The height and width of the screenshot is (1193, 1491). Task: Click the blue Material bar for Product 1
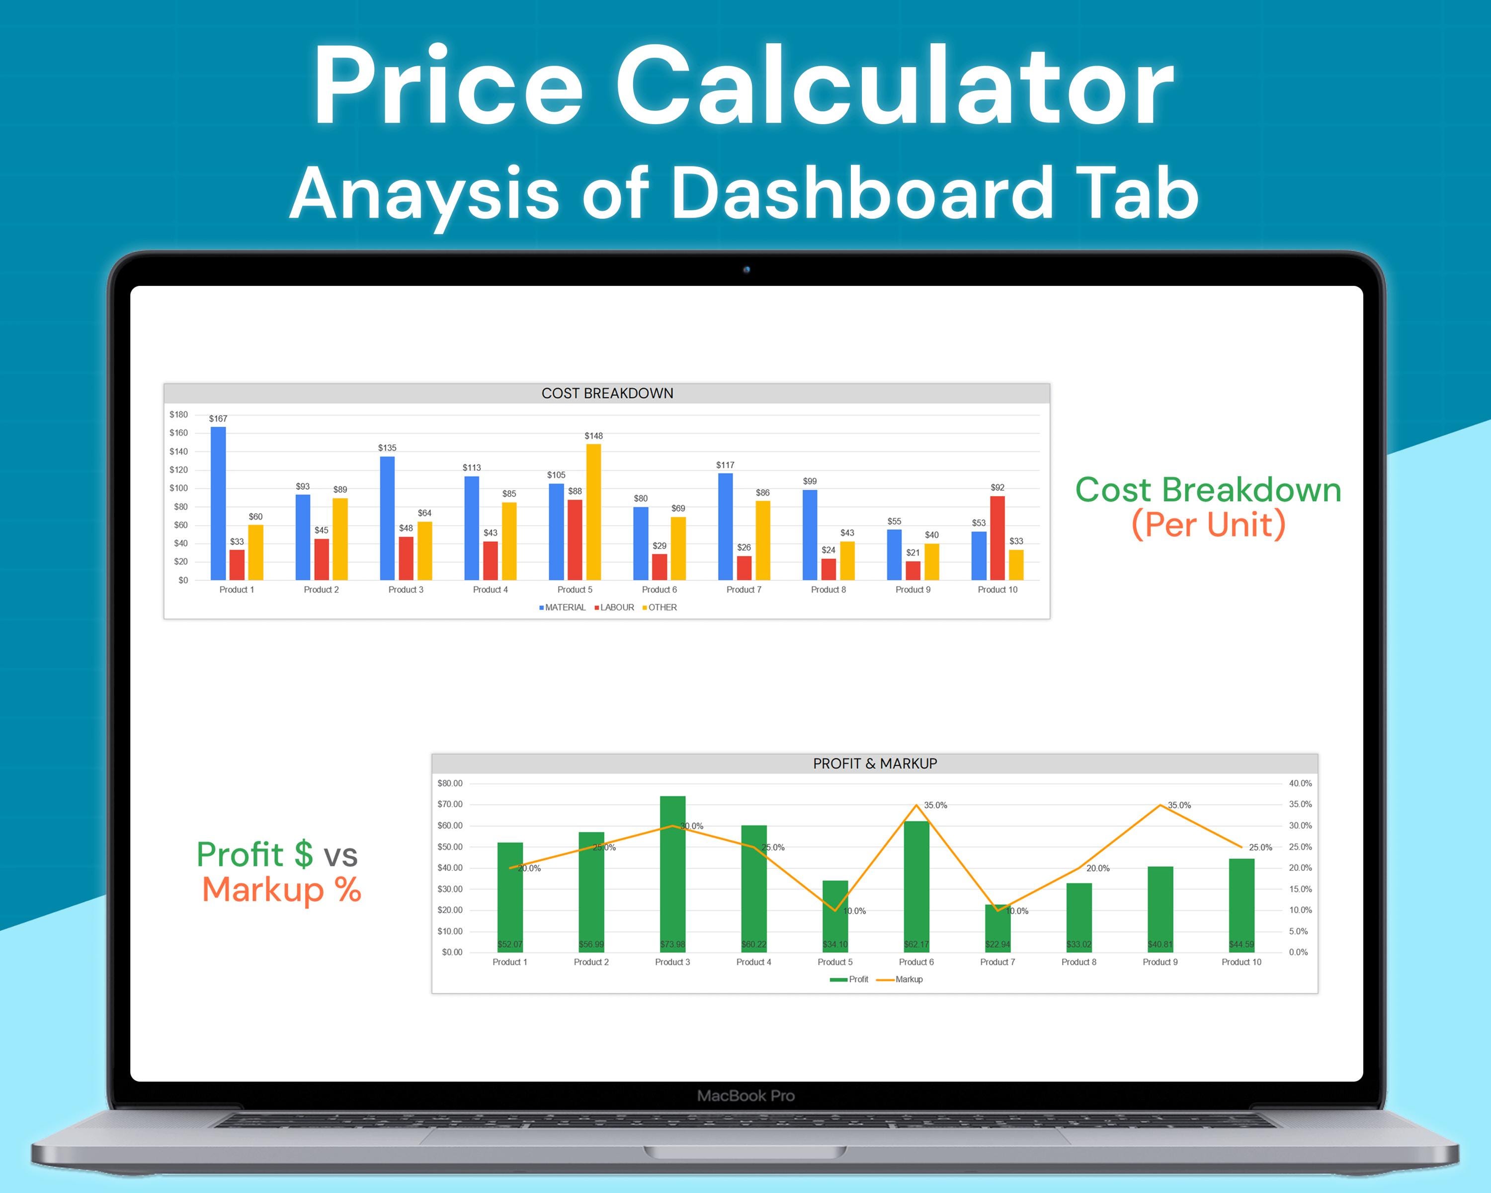point(218,504)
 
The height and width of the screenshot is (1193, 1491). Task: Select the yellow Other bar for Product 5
point(593,512)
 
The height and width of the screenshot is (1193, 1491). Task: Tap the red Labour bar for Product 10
point(997,538)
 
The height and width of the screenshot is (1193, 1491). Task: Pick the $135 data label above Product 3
point(387,448)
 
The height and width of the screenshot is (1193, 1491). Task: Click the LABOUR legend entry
point(614,607)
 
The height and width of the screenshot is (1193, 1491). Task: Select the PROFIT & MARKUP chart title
point(875,764)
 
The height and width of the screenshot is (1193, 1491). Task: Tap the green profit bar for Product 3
point(672,874)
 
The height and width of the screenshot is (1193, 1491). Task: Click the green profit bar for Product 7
point(997,928)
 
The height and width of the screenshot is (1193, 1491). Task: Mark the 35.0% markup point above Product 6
point(916,805)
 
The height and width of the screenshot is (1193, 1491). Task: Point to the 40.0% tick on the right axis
point(1300,783)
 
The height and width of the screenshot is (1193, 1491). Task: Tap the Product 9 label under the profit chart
point(1160,962)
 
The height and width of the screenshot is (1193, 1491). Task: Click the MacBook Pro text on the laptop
point(745,1096)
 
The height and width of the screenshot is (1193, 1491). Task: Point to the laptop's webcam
point(746,270)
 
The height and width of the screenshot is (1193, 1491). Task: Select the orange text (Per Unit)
point(1208,524)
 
